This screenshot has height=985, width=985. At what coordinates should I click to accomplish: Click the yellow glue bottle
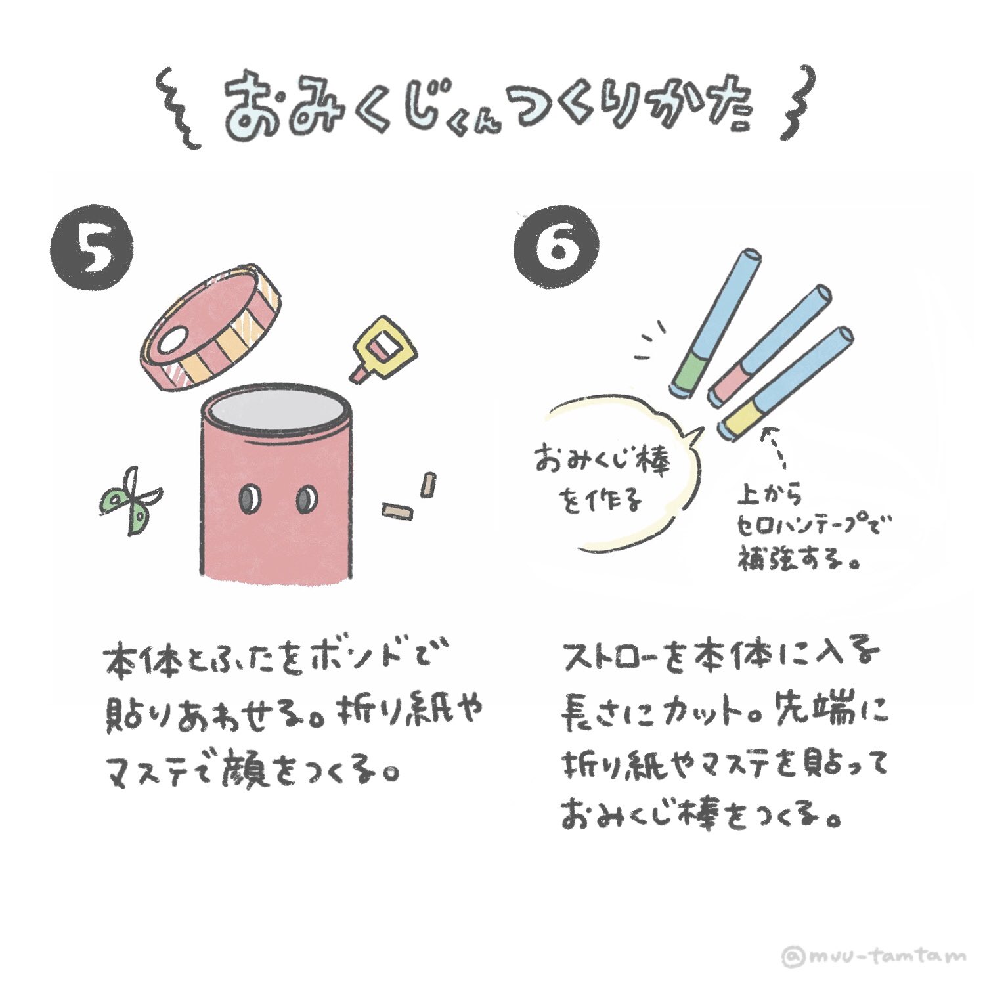383,347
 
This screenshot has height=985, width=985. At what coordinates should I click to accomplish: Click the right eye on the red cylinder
306,500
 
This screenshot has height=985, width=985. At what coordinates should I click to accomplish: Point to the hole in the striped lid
172,342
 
